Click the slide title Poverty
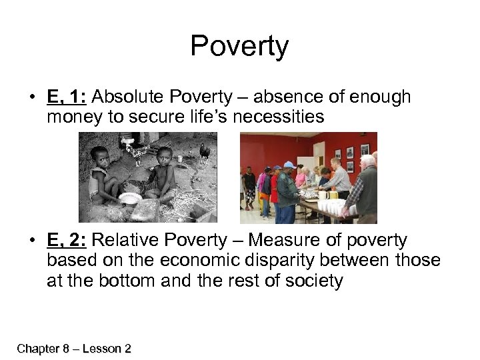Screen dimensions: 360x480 coord(239,47)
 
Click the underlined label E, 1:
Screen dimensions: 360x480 coord(67,97)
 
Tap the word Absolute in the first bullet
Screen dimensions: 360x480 coord(126,97)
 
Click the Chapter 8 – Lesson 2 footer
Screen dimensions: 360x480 coord(74,348)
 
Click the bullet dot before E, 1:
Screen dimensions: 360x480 coord(33,98)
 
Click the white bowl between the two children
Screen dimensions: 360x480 coord(130,198)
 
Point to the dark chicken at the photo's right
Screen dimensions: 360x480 coord(205,153)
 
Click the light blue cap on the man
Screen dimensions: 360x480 coord(289,165)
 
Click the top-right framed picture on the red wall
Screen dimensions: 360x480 coord(364,149)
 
